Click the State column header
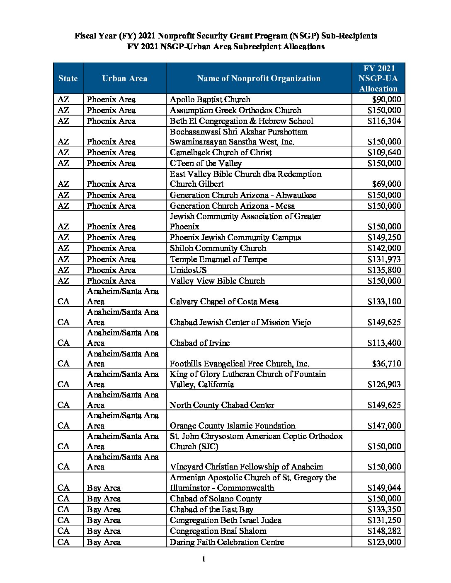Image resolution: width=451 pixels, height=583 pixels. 68,78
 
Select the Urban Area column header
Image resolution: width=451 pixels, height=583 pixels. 124,78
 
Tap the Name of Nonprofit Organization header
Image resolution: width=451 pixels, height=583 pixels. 259,78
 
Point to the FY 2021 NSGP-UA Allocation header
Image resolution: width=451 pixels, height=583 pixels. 378,78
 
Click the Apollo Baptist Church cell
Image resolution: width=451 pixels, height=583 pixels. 210,99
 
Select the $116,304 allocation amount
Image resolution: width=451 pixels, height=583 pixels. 384,121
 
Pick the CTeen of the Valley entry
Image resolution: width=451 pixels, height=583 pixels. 206,163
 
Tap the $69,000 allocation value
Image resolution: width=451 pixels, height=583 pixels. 386,184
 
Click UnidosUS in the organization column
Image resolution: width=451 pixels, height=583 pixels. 188,270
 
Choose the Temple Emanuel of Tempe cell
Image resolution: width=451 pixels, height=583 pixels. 218,259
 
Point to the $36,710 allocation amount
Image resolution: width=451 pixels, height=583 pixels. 386,364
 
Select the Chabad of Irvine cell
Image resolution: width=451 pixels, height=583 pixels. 200,343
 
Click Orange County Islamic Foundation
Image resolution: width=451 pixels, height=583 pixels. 233,426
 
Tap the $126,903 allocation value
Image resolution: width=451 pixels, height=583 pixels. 384,384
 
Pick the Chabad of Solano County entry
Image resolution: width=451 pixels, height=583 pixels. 216,499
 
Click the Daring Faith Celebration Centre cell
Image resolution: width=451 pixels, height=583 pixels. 227,542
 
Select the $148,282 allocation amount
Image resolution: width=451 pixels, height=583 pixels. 384,531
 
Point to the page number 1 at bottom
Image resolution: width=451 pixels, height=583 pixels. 204,560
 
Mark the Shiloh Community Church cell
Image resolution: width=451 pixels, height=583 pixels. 218,248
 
